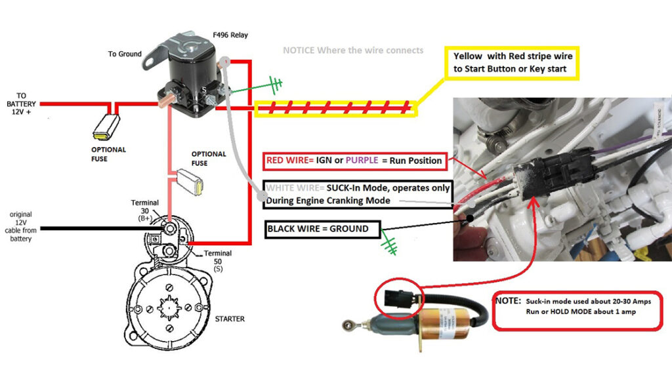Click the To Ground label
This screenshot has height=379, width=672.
click(x=125, y=54)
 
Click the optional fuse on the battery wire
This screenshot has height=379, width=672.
click(x=107, y=125)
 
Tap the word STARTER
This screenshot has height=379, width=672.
click(x=229, y=319)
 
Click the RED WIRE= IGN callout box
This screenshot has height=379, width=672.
click(x=354, y=160)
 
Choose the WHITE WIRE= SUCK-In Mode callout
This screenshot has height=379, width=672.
click(x=358, y=194)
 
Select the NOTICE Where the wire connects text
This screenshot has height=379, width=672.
click(x=353, y=50)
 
